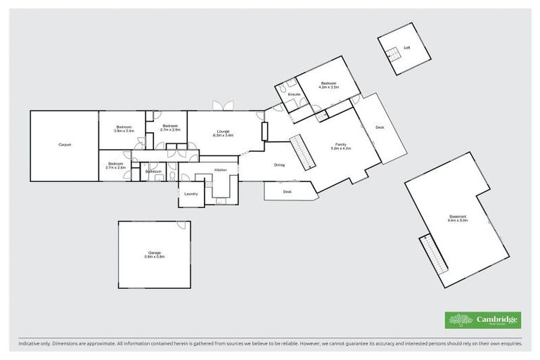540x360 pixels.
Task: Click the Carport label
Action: coord(65,145)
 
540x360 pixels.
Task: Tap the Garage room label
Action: coord(155,253)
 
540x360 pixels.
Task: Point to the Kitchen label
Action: coord(221,170)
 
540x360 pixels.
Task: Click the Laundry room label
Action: coord(191,194)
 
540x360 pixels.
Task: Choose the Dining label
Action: coord(279,165)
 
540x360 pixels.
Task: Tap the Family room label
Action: coord(340,146)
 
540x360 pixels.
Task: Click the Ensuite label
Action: coord(294,94)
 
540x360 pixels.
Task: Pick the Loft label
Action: coord(406,48)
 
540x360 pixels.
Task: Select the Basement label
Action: coord(458,217)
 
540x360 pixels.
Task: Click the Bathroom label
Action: coord(153,172)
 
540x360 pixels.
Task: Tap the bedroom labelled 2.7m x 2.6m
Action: coord(115,165)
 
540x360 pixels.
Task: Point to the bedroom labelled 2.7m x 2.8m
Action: coord(170,128)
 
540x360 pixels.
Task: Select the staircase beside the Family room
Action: coord(303,150)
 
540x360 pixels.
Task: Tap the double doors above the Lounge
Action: coord(224,106)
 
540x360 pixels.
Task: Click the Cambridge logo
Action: coord(482,320)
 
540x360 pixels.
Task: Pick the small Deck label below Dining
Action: coord(287,191)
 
